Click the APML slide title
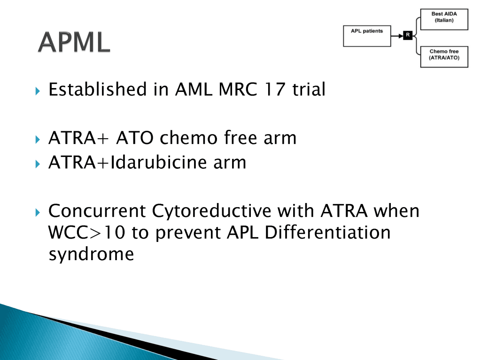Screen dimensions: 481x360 click(74, 42)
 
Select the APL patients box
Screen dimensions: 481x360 click(367, 36)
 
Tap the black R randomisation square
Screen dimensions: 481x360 click(408, 36)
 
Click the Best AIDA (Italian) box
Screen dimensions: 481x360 click(444, 20)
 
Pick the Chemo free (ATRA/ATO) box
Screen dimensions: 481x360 click(444, 57)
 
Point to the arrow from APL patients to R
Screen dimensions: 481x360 click(397, 36)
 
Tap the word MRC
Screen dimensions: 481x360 click(238, 90)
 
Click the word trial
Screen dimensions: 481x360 click(309, 90)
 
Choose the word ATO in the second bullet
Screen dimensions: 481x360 click(135, 138)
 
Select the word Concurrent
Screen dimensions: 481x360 click(97, 211)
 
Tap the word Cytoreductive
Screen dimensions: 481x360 click(212, 212)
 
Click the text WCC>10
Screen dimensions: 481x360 click(87, 232)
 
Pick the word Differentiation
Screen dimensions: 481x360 click(327, 232)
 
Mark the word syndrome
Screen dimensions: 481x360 click(92, 255)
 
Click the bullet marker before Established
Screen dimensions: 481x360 click(38, 91)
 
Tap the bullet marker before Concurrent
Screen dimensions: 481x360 click(38, 212)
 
